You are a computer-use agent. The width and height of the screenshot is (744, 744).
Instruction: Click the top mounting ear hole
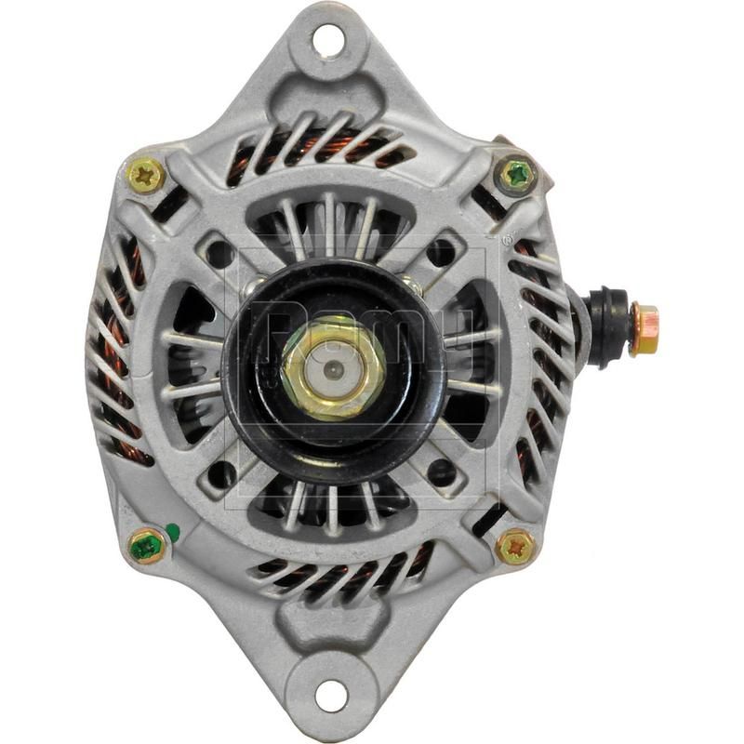point(328,40)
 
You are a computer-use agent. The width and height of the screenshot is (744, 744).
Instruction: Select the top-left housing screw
point(146,176)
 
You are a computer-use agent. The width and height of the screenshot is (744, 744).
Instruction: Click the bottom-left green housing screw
point(146,546)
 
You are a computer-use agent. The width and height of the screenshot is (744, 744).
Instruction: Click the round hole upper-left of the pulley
point(220,253)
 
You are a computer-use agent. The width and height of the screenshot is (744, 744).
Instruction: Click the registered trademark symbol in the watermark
point(507,240)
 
